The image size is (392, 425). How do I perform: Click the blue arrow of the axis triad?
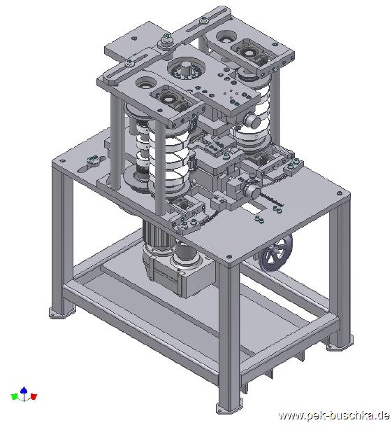tap(24, 393)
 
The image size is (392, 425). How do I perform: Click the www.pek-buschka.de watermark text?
tap(335, 415)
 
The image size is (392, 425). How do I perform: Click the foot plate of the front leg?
tap(228, 408)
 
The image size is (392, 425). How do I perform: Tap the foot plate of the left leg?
tap(61, 312)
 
